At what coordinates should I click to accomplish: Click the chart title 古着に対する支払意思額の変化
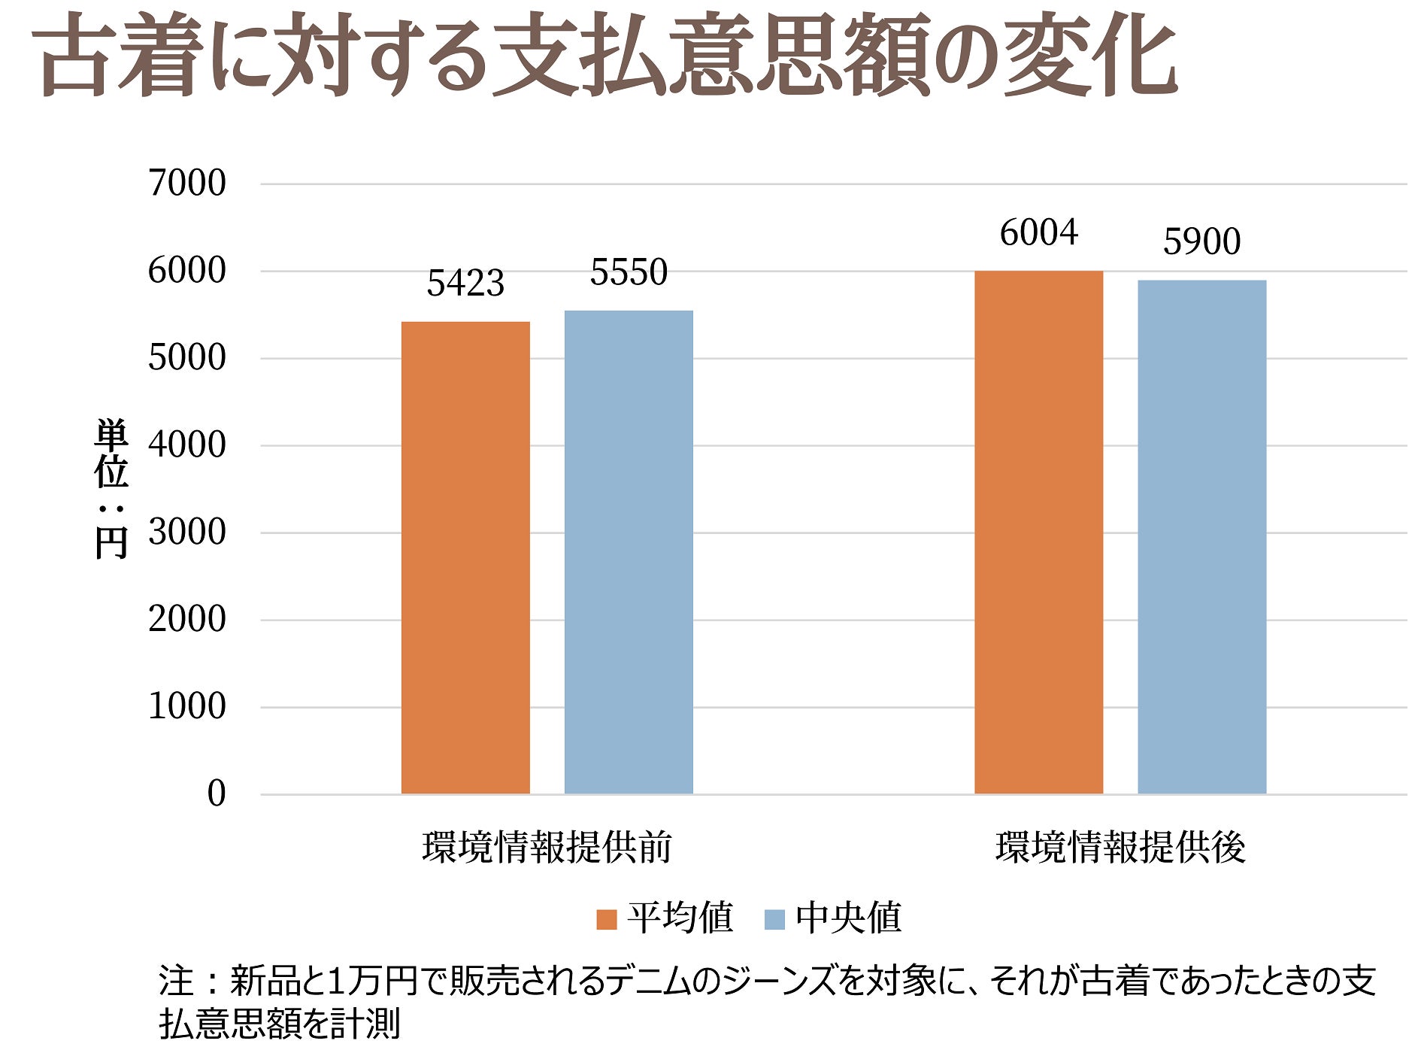point(606,56)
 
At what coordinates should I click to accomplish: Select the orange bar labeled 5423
point(465,557)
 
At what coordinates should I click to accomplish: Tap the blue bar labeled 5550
point(629,551)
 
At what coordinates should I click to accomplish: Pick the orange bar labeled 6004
point(1038,532)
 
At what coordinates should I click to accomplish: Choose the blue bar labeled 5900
point(1201,536)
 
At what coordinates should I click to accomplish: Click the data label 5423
point(465,284)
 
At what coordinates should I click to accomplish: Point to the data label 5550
point(629,272)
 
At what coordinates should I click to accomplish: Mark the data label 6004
point(1038,232)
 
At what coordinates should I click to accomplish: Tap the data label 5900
point(1201,241)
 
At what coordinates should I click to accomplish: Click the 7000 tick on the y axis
point(187,183)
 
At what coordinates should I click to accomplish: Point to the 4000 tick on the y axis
point(187,445)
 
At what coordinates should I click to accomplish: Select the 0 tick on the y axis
point(217,794)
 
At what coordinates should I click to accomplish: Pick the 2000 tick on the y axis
point(187,619)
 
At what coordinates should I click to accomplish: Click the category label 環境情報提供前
point(547,848)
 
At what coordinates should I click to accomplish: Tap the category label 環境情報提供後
point(1120,848)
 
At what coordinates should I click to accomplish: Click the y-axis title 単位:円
point(111,489)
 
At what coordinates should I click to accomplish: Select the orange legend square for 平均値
point(606,919)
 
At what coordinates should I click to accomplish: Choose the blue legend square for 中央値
point(774,919)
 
